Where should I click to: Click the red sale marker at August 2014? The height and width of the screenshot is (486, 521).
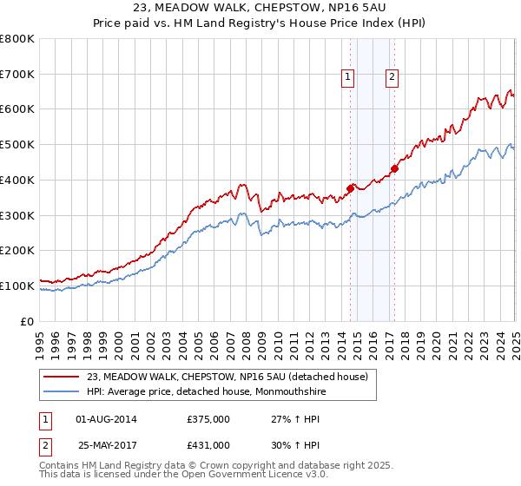coord(351,187)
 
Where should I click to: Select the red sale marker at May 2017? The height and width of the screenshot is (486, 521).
coord(395,168)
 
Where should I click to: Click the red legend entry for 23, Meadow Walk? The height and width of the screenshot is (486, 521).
coord(228,377)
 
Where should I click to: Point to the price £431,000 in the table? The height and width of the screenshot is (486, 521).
coord(208,445)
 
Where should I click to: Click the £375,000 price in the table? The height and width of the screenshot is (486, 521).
coord(208,419)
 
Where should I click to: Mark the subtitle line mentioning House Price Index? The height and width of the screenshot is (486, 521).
coord(260,25)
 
